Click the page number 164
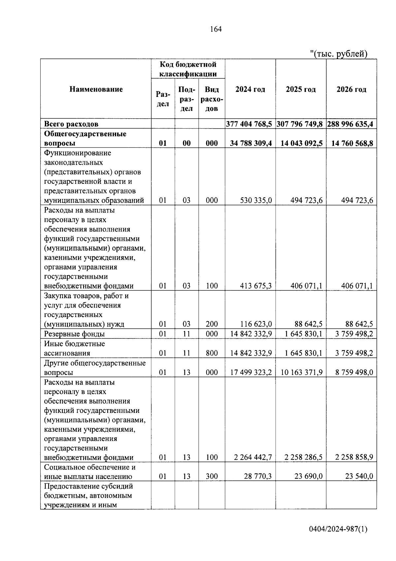(216, 29)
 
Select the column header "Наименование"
(96, 89)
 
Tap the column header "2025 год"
(301, 90)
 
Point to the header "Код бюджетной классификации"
(188, 69)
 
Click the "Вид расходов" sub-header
(212, 99)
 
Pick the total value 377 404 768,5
(249, 124)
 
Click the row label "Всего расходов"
(71, 124)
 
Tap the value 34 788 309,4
(251, 143)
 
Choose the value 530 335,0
(256, 200)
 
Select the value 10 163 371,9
(302, 373)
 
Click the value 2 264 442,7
(253, 458)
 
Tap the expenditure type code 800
(212, 353)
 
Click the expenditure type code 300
(212, 476)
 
